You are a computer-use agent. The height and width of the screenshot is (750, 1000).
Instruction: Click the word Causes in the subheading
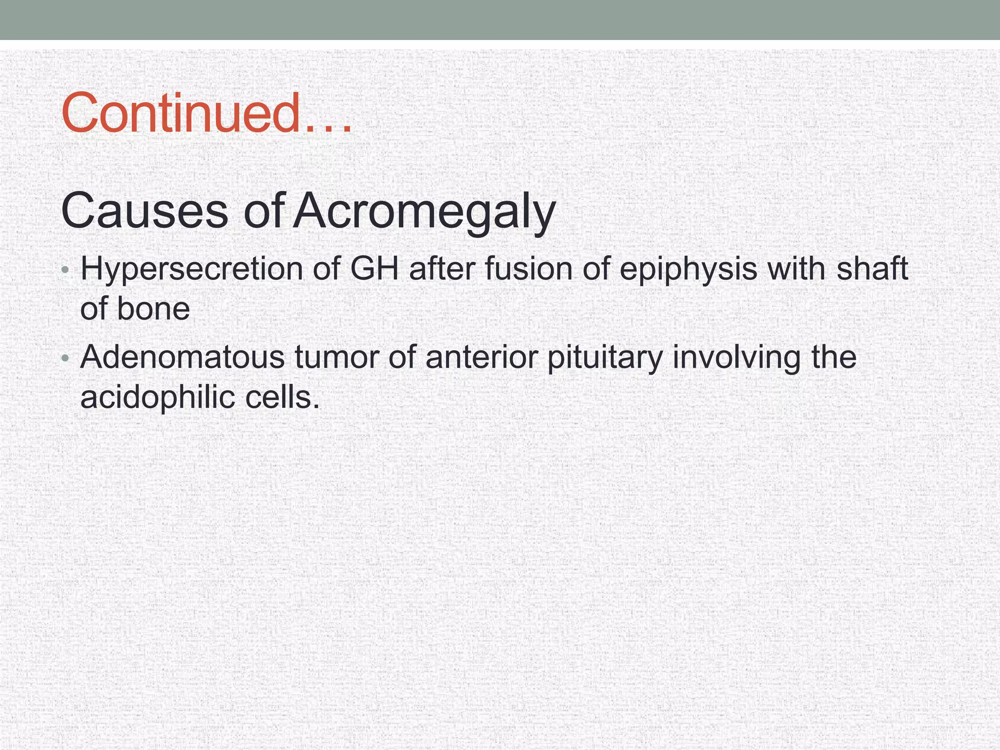(x=145, y=211)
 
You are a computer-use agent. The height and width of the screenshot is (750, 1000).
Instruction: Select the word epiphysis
(x=688, y=270)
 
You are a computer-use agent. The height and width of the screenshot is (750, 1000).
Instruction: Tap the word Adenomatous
(x=182, y=357)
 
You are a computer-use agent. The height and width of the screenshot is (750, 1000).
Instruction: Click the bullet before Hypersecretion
(x=65, y=271)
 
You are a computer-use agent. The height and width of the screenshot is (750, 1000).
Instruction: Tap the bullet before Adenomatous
(x=65, y=359)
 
